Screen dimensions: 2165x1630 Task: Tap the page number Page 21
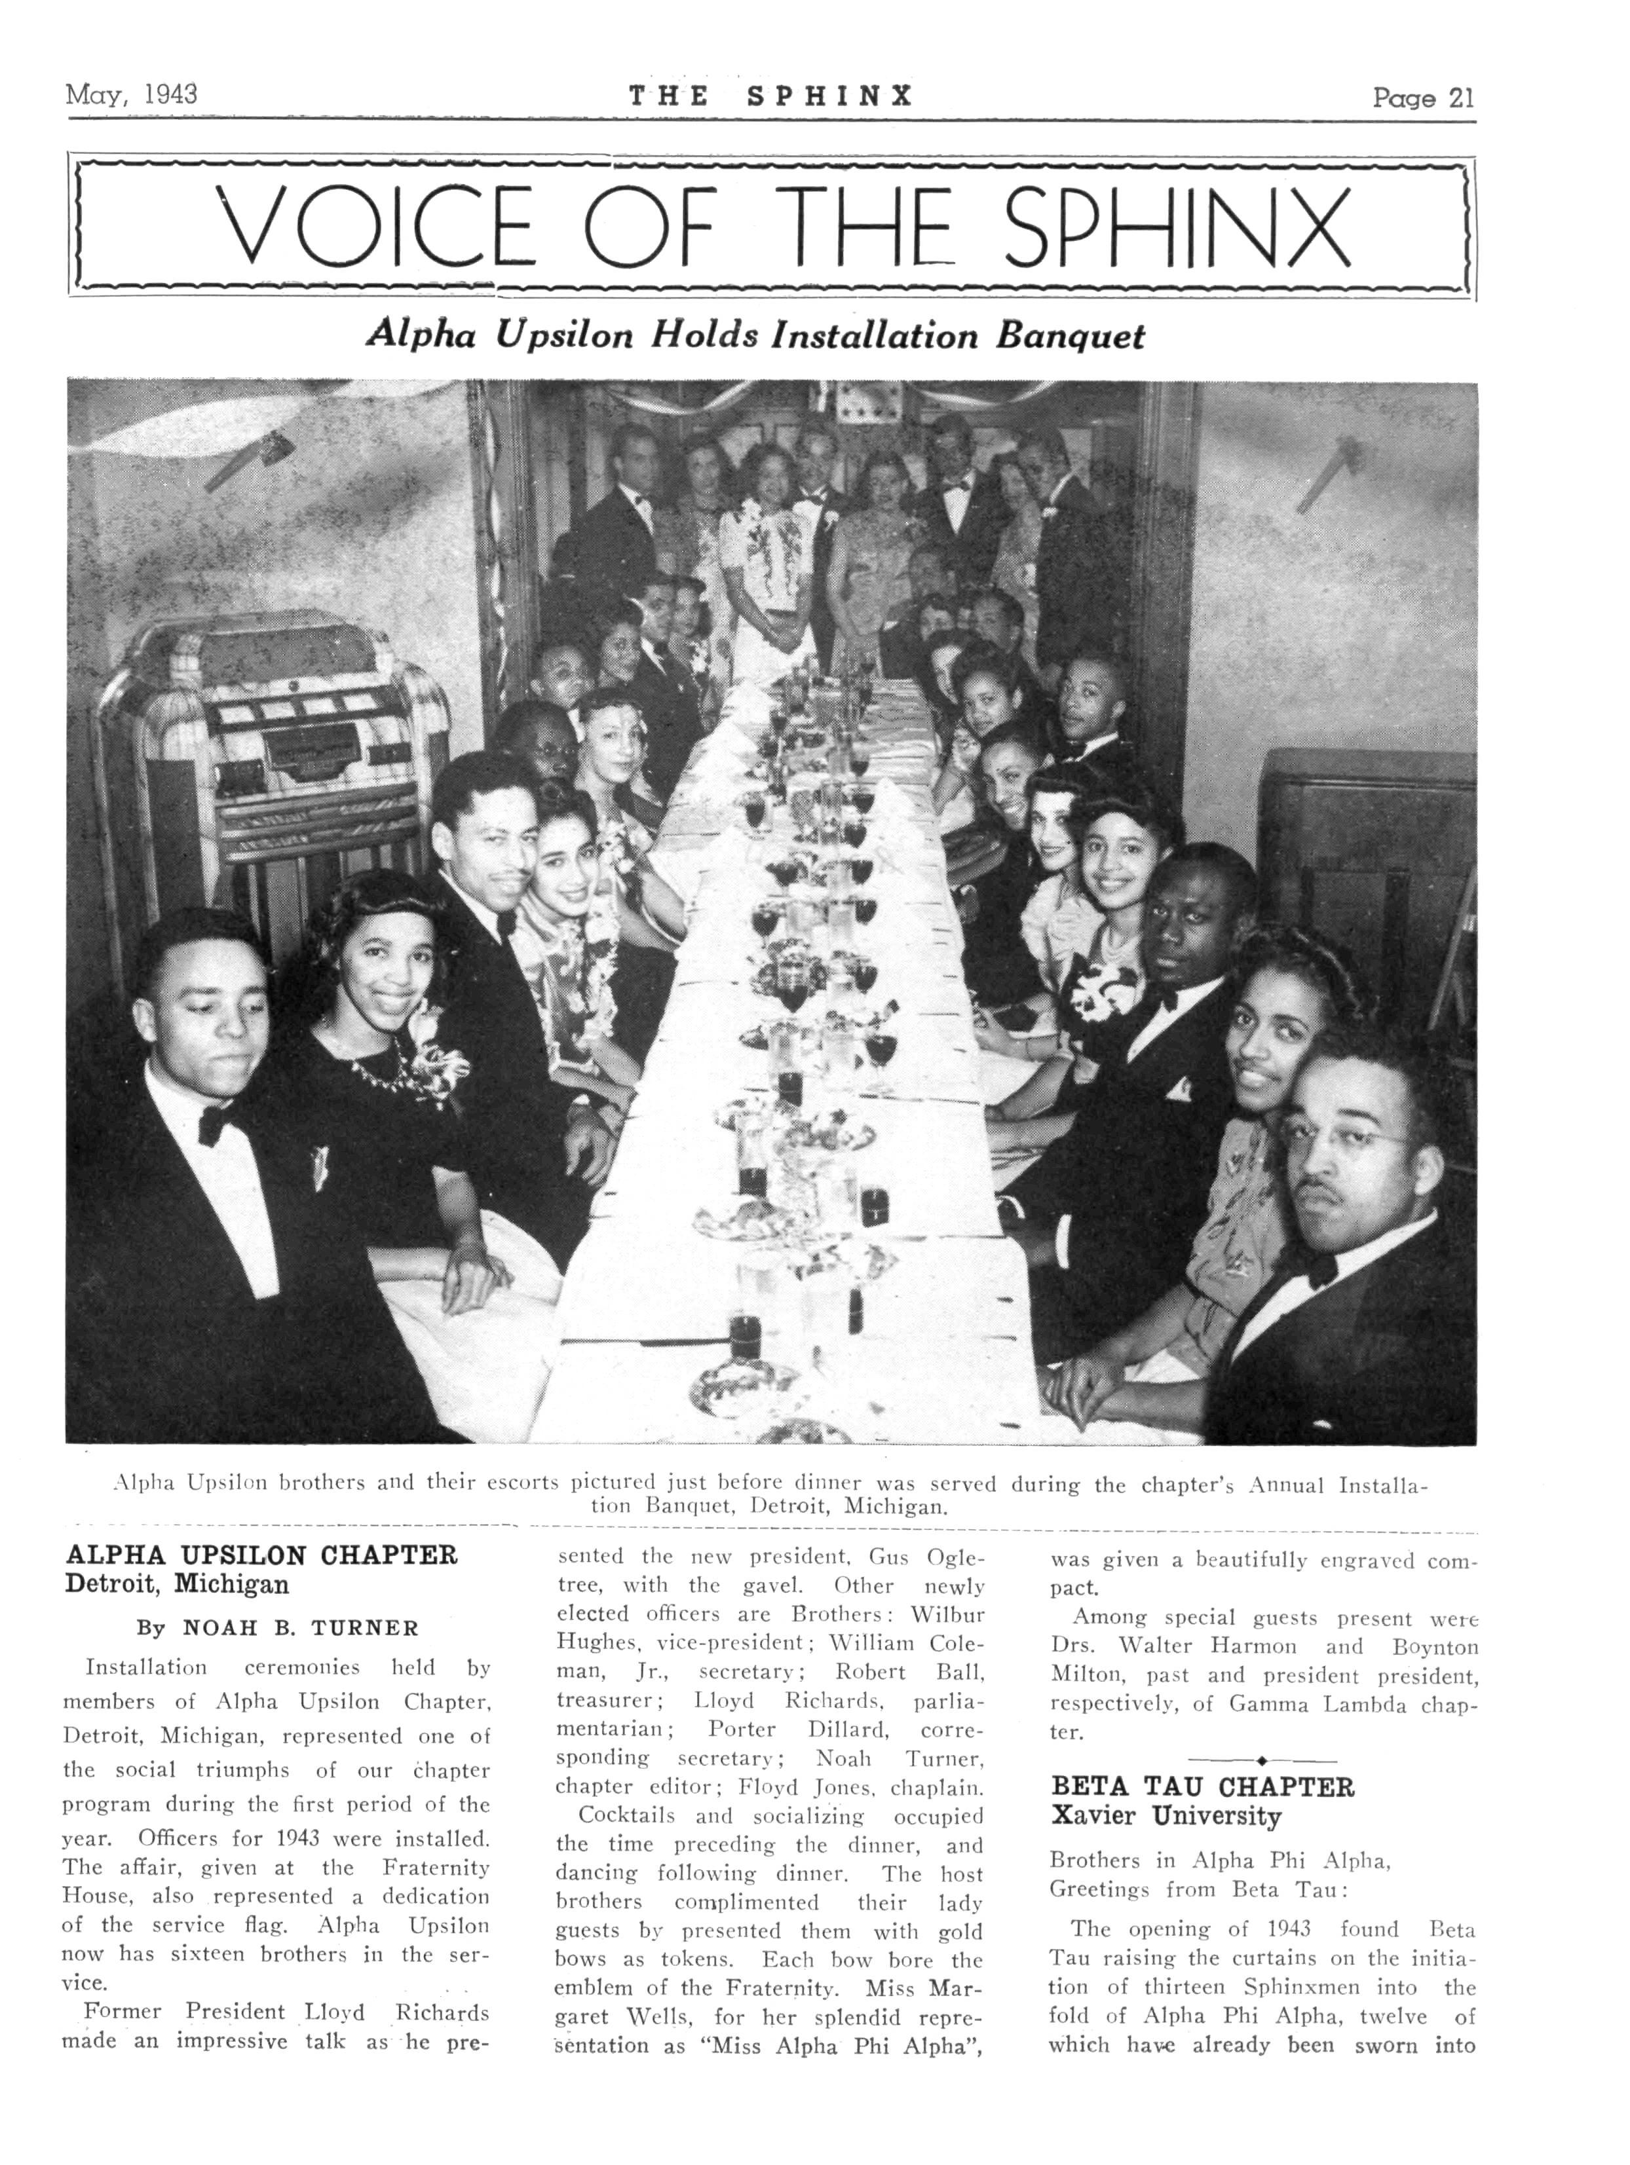(x=1422, y=98)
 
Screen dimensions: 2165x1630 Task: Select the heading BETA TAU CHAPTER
(x=1202, y=1788)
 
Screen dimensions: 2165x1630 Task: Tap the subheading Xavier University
(x=1164, y=1817)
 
